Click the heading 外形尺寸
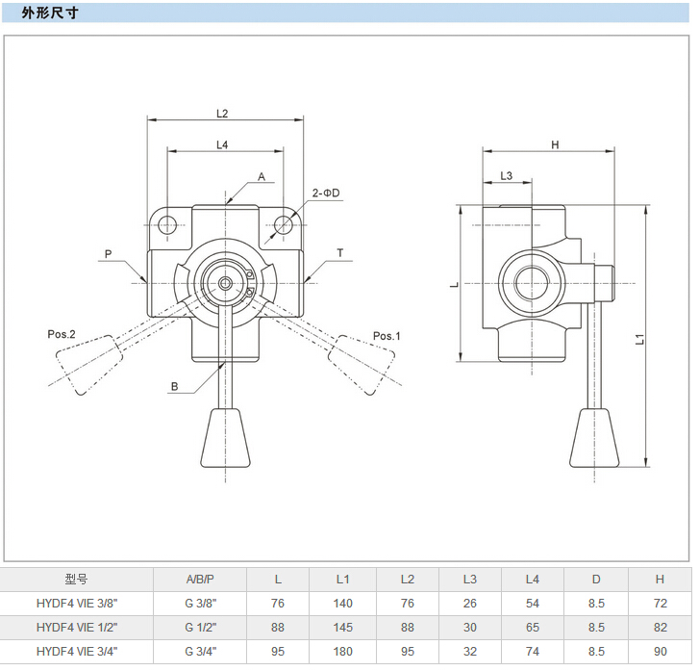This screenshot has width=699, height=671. coord(51,14)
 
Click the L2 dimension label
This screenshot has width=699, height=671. coord(222,113)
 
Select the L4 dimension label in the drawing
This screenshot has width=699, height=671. coord(222,144)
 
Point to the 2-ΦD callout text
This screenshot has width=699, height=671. coord(326,194)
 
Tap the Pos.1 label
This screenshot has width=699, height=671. coord(387,336)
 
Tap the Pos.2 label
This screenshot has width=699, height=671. coord(62,334)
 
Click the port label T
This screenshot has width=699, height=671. coord(340,253)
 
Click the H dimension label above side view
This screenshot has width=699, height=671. coord(555,144)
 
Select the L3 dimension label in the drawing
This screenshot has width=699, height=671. coord(507,175)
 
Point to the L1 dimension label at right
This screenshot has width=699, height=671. coord(640,338)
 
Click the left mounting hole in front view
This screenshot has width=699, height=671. coord(168,225)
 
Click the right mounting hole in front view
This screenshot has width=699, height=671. coord(283,225)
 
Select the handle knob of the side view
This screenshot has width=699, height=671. coord(592,438)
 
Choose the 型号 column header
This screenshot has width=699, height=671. coord(77,579)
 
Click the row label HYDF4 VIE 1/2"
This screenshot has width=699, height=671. coord(77,627)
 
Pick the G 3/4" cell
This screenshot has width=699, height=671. coord(200,651)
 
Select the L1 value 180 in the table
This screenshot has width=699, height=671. coord(342,651)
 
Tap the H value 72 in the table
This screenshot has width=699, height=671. coord(660,603)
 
